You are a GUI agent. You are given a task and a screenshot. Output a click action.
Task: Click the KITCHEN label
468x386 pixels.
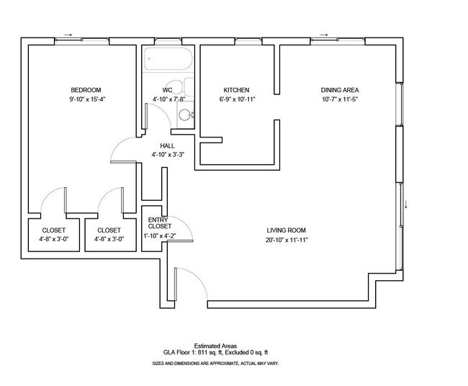[236, 90]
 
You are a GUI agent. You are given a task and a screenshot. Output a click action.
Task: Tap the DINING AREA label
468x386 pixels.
[340, 90]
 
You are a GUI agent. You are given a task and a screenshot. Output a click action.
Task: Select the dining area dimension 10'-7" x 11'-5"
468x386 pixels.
[340, 99]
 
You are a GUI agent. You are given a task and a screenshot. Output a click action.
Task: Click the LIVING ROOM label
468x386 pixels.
[287, 230]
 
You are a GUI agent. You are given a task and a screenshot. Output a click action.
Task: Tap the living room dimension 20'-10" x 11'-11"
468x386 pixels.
[287, 240]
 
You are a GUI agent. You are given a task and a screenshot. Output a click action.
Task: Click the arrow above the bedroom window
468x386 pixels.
[68, 33]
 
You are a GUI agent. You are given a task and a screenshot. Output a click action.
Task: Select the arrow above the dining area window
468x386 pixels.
[325, 33]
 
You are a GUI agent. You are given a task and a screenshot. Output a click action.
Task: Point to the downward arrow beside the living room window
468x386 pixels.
[408, 203]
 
